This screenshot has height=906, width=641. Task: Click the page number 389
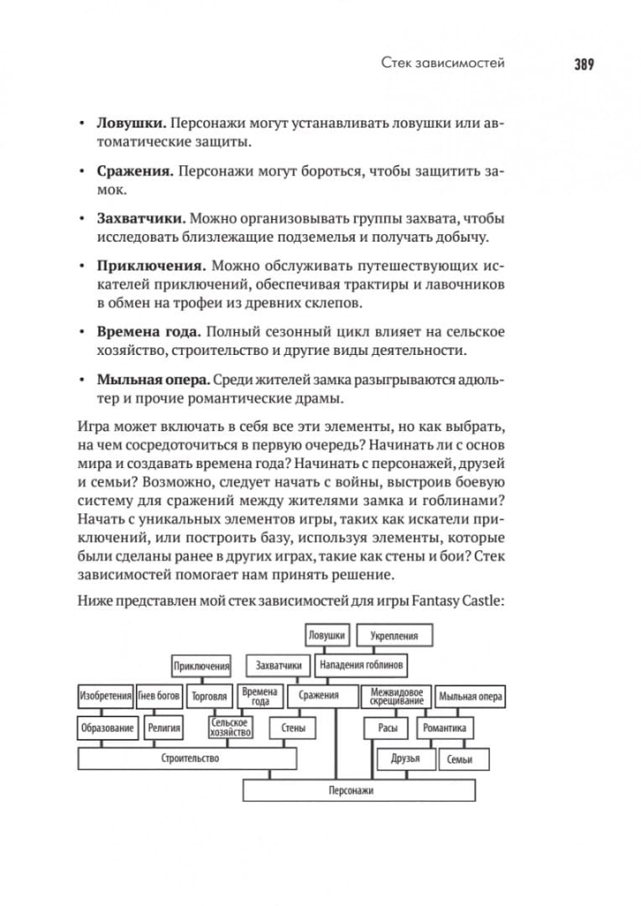tap(584, 64)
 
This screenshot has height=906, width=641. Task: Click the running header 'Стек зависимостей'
tap(442, 64)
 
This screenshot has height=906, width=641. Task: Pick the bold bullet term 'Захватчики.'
tap(141, 218)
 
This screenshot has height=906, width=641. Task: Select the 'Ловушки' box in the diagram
tap(326, 635)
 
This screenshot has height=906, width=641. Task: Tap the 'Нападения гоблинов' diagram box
tap(362, 666)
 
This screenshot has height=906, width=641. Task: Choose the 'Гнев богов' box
tap(159, 696)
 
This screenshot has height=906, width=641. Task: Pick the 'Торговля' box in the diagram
tap(209, 696)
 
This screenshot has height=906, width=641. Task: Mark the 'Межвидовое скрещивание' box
tap(395, 696)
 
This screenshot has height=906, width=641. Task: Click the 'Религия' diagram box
tap(164, 728)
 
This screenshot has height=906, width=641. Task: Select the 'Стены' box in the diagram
tap(293, 728)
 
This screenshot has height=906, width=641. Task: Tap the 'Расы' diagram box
tap(387, 728)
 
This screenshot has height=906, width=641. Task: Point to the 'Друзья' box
tap(404, 759)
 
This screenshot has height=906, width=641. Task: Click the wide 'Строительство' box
tap(188, 758)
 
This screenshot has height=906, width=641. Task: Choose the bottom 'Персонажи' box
tap(358, 790)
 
